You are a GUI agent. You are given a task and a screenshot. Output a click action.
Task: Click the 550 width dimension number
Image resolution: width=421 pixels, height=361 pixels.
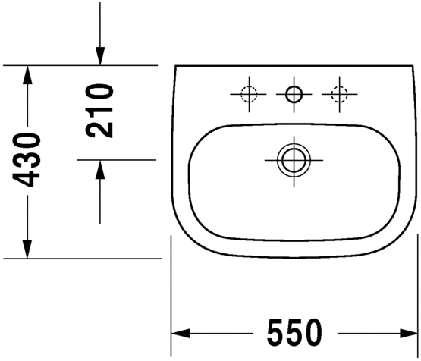[294, 332]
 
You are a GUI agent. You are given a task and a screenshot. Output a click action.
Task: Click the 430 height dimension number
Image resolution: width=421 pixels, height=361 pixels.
[28, 159]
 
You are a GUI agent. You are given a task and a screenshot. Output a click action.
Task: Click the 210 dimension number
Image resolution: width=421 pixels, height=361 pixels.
[99, 111]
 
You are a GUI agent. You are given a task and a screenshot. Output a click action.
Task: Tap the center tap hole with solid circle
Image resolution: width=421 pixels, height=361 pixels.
[294, 95]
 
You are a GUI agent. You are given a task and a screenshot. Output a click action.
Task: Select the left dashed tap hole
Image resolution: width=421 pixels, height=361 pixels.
[249, 95]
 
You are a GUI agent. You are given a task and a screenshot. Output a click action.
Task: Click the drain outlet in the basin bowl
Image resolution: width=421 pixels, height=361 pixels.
[294, 160]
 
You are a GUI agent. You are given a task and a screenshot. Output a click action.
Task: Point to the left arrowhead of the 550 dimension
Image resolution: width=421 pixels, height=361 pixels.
[181, 332]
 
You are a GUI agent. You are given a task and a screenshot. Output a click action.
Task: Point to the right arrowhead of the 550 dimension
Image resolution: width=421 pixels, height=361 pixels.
[409, 332]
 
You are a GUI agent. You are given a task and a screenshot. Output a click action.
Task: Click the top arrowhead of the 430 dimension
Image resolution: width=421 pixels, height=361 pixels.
[27, 74]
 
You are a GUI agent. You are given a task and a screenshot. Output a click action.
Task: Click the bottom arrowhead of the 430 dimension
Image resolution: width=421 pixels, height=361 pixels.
[27, 249]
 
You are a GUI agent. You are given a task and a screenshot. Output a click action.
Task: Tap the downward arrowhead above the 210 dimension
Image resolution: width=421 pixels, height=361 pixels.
[99, 57]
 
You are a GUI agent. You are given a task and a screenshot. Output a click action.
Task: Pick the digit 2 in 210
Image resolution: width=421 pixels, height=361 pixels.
[99, 128]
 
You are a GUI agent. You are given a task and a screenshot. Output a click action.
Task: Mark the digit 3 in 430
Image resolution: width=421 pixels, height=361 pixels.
[28, 159]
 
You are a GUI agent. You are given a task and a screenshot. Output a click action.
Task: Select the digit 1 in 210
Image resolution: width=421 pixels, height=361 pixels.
[99, 111]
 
